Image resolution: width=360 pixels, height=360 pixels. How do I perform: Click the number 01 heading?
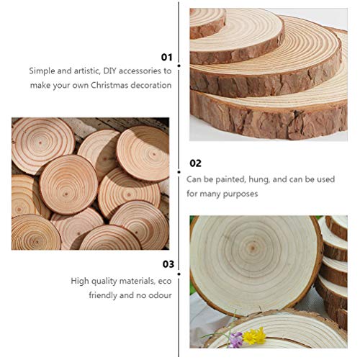coord(166,56)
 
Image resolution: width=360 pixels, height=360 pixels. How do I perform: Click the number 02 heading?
coord(195,163)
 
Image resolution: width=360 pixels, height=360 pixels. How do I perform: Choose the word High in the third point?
coord(80,281)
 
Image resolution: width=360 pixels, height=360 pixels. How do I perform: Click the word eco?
coord(165,281)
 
